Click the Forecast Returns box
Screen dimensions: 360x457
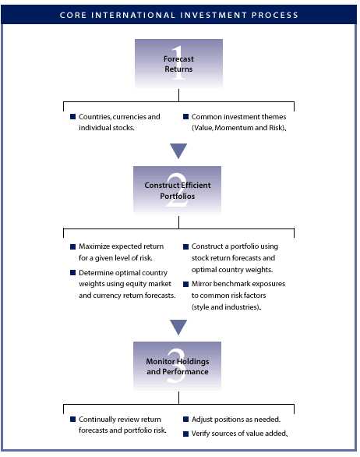click(x=178, y=63)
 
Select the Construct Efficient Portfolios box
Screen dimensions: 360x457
click(x=177, y=190)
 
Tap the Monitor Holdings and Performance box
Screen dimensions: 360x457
click(x=177, y=366)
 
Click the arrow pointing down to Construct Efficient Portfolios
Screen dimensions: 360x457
click(x=178, y=151)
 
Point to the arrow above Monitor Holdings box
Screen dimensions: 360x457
click(x=178, y=328)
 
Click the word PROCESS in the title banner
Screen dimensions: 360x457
click(x=275, y=15)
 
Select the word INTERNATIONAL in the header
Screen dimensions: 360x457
click(x=133, y=15)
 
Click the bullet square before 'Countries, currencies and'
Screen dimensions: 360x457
click(x=72, y=116)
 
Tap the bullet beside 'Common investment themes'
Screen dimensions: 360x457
click(x=185, y=116)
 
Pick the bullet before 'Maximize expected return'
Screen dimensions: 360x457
click(x=72, y=246)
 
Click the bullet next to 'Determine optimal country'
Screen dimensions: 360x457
click(x=72, y=272)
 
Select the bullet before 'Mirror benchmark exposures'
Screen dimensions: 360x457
click(x=185, y=284)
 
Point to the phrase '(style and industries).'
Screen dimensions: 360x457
click(x=226, y=307)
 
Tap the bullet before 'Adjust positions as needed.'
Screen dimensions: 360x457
click(x=185, y=419)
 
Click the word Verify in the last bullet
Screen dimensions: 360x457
click(x=200, y=434)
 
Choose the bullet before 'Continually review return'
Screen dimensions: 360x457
click(x=72, y=419)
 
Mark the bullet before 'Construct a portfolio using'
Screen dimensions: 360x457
click(x=185, y=246)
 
